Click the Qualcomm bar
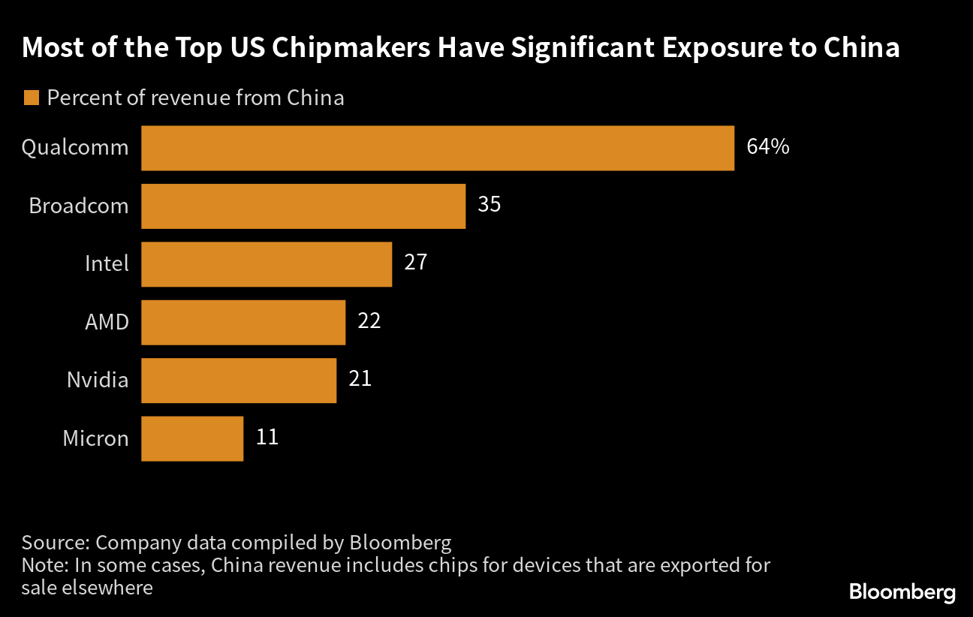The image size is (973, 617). (x=437, y=148)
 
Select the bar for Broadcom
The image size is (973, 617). (x=303, y=206)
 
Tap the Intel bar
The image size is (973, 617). (x=267, y=263)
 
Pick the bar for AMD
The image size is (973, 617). (x=243, y=322)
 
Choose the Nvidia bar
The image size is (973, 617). (x=239, y=380)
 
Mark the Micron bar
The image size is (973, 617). (x=192, y=438)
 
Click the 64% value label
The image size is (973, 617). (x=767, y=146)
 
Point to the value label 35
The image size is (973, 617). (x=489, y=204)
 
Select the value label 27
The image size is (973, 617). (x=415, y=263)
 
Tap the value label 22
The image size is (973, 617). (x=369, y=321)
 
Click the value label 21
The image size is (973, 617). (x=360, y=378)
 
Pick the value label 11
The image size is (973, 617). (x=267, y=437)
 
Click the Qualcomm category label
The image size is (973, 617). (x=75, y=148)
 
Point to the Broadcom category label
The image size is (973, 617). (x=79, y=206)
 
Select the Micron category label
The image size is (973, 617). (x=96, y=438)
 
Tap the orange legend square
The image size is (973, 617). (x=31, y=98)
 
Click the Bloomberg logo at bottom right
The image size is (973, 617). (x=902, y=592)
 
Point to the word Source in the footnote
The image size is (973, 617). (x=54, y=542)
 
